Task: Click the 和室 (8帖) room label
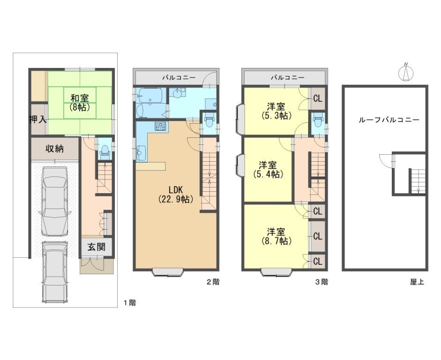80,103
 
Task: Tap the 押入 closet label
38,120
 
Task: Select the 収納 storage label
54,149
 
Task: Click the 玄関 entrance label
97,247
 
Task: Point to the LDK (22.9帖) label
176,194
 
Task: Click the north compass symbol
406,72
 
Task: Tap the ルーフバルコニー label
389,120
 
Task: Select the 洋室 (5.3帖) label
276,111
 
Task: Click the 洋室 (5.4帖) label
268,169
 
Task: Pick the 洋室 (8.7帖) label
276,237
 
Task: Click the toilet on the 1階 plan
105,150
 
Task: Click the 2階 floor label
213,282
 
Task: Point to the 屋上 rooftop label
417,282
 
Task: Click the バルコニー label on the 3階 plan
287,77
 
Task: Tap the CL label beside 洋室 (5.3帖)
318,99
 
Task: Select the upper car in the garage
54,201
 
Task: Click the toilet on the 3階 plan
318,121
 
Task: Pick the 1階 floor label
130,303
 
